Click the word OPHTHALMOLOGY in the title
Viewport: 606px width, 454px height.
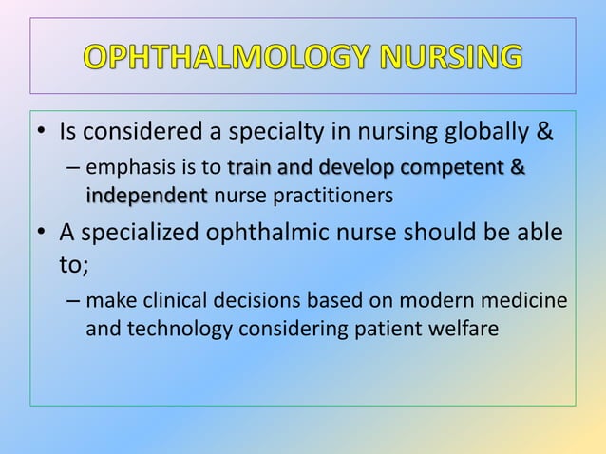[x=226, y=56]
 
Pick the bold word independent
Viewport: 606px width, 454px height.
[x=146, y=197]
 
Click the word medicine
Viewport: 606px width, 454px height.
[x=527, y=302]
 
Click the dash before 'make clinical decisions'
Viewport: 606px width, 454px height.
[x=73, y=302]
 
